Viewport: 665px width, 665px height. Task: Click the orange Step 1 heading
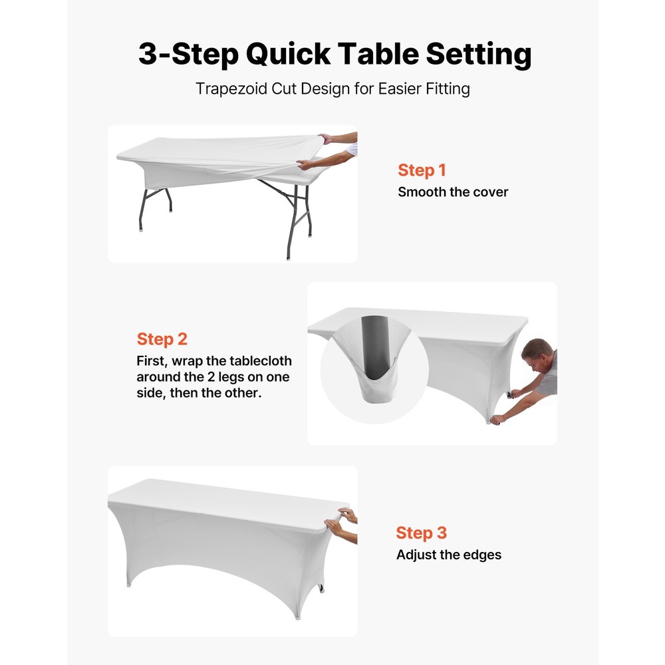[422, 170]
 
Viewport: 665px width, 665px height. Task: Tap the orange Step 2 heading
[162, 339]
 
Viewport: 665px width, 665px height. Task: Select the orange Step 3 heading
[422, 533]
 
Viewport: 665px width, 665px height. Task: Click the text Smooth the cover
[453, 192]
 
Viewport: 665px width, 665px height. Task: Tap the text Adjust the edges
[449, 555]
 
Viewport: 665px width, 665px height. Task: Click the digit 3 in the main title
[150, 54]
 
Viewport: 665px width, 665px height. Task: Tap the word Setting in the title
[479, 54]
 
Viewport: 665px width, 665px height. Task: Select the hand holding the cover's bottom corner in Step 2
[496, 419]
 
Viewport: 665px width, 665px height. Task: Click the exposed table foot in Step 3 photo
[322, 589]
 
